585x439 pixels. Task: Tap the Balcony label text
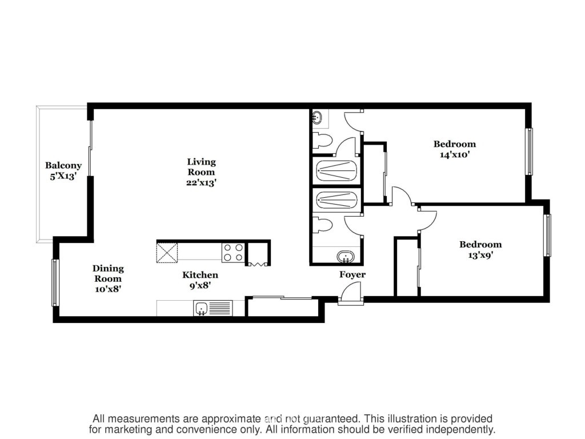pyautogui.click(x=63, y=165)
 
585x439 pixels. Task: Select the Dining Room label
pyautogui.click(x=108, y=273)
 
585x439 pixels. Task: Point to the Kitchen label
pyautogui.click(x=200, y=275)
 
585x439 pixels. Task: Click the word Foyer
pyautogui.click(x=352, y=275)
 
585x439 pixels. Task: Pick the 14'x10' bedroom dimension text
pyautogui.click(x=454, y=154)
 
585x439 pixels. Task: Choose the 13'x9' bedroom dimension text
pyautogui.click(x=480, y=256)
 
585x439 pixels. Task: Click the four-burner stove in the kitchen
pyautogui.click(x=234, y=252)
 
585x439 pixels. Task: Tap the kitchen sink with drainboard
pyautogui.click(x=213, y=308)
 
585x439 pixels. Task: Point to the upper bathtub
pyautogui.click(x=336, y=171)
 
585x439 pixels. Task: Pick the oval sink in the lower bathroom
pyautogui.click(x=346, y=257)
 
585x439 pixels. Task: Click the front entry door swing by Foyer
pyautogui.click(x=351, y=291)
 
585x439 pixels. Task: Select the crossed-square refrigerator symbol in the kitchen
pyautogui.click(x=167, y=252)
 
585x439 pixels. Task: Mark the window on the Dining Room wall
pyautogui.click(x=55, y=282)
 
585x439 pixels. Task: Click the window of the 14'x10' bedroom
pyautogui.click(x=529, y=151)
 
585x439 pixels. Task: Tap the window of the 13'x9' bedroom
pyautogui.click(x=547, y=235)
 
